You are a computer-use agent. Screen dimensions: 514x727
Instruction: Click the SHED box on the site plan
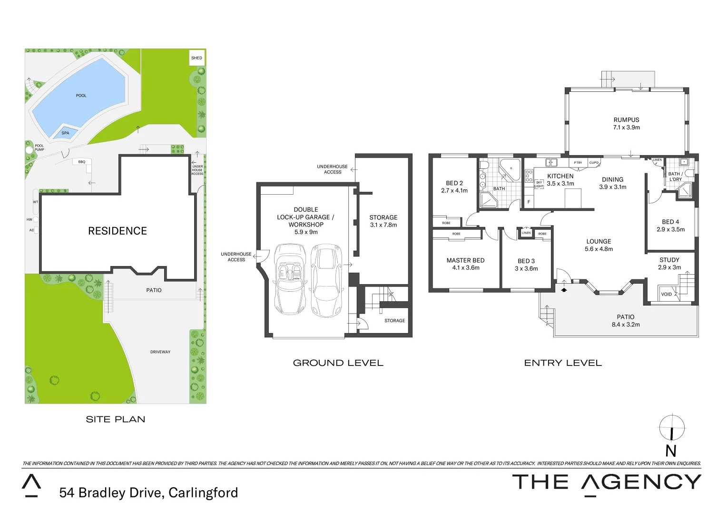196,58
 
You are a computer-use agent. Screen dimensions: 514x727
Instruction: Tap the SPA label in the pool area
65,133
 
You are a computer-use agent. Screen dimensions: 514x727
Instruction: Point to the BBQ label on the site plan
82,162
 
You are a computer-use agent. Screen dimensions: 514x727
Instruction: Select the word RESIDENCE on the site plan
118,231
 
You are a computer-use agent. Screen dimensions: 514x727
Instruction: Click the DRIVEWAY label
160,352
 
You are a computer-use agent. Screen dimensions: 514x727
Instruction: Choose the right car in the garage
326,280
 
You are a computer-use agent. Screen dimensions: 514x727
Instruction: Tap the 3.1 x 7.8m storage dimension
383,225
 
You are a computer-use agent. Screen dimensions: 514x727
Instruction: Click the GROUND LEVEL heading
338,363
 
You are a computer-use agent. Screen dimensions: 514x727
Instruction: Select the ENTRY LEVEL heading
563,363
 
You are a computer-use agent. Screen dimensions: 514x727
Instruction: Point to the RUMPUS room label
626,120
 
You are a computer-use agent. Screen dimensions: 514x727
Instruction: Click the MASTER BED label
465,260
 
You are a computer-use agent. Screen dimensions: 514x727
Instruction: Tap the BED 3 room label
526,261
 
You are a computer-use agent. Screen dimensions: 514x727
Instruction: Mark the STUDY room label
669,260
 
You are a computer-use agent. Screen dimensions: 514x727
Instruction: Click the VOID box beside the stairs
667,294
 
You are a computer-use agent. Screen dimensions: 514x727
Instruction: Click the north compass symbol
672,427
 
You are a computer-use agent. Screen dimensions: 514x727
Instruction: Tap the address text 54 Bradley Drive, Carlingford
148,493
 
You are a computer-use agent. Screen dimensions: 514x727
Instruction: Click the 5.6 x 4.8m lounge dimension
599,249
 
